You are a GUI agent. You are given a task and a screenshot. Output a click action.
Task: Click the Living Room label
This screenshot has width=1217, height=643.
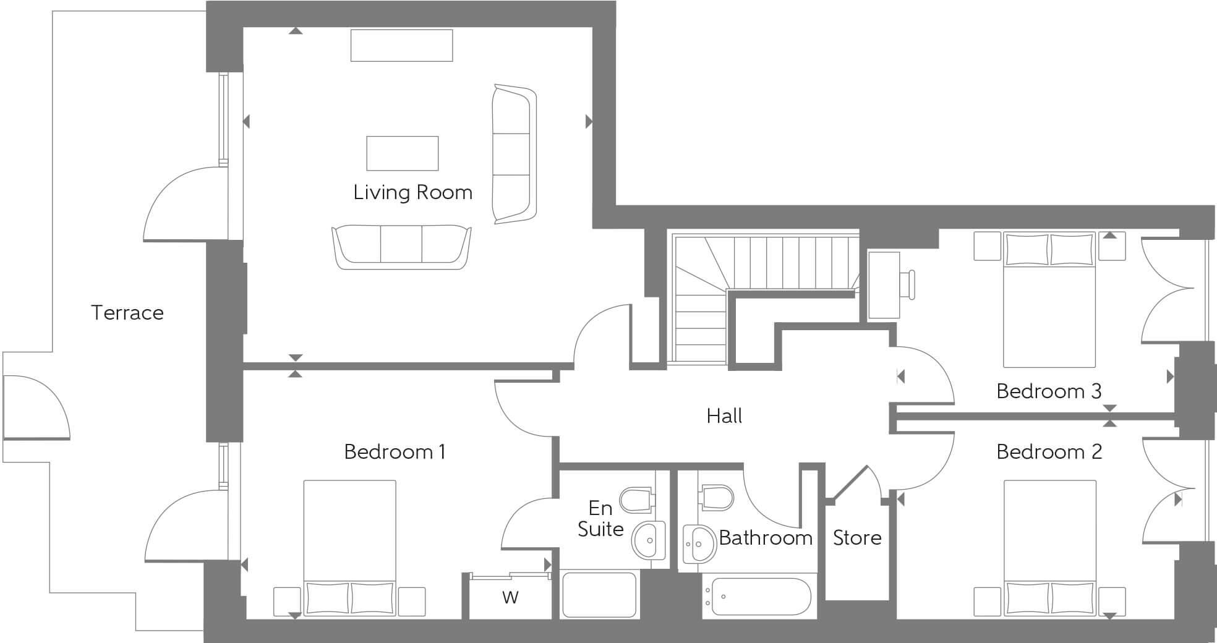412,192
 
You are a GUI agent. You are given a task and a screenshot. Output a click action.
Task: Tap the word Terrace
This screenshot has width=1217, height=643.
127,312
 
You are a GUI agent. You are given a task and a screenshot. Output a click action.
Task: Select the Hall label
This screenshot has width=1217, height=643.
724,416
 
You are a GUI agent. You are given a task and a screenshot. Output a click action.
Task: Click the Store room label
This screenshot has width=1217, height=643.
856,538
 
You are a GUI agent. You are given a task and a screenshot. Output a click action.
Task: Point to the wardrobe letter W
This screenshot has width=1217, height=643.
510,597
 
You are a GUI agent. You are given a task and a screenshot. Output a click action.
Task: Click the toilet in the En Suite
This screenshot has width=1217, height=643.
637,500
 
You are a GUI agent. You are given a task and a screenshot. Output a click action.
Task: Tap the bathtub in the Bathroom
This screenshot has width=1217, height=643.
760,597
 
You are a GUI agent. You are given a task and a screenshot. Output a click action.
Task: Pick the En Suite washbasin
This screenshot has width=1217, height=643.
648,540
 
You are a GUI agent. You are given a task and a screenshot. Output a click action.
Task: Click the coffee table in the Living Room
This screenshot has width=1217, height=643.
402,153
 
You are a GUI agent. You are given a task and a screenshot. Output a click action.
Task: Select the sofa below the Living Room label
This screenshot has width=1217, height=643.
401,246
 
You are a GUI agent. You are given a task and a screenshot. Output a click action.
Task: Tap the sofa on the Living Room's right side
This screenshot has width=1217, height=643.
513,154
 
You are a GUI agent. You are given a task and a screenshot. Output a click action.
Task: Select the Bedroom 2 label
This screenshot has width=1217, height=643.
1049,452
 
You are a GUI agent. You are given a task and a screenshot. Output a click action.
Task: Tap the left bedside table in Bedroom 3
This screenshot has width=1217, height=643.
987,246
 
